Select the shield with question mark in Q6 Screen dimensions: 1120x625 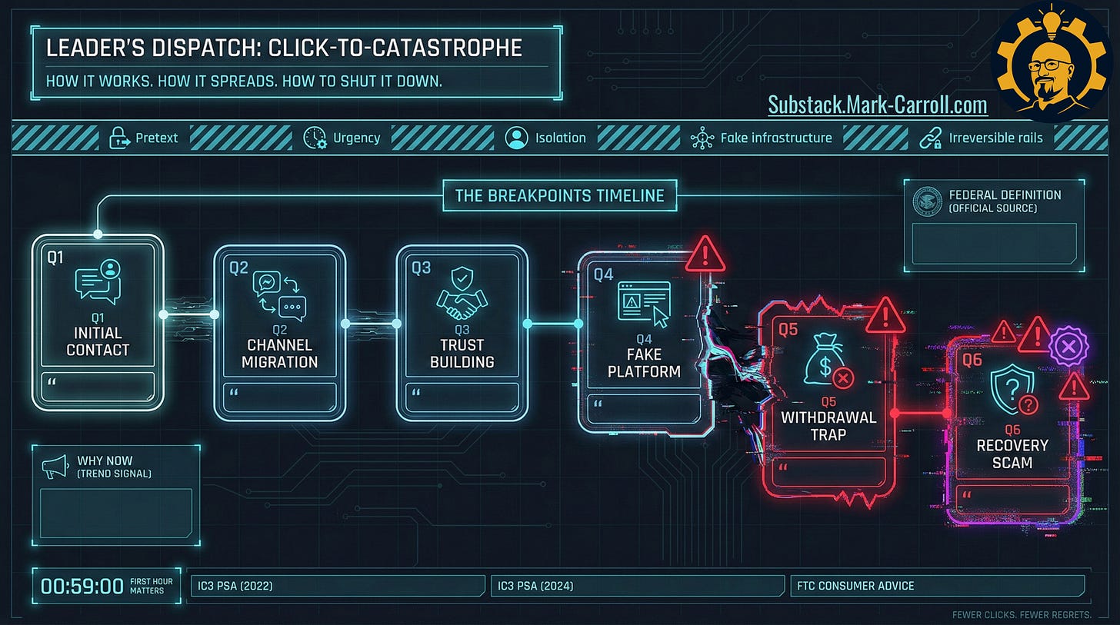click(1011, 391)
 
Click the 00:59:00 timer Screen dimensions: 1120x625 click(82, 587)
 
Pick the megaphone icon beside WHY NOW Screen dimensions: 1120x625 click(55, 467)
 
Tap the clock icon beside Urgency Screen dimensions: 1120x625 click(315, 138)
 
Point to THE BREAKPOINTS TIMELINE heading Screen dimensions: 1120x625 click(559, 195)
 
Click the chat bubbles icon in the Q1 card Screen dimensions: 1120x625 click(98, 281)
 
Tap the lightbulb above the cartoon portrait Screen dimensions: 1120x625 click(1051, 17)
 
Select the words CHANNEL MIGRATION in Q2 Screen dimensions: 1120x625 click(279, 353)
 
